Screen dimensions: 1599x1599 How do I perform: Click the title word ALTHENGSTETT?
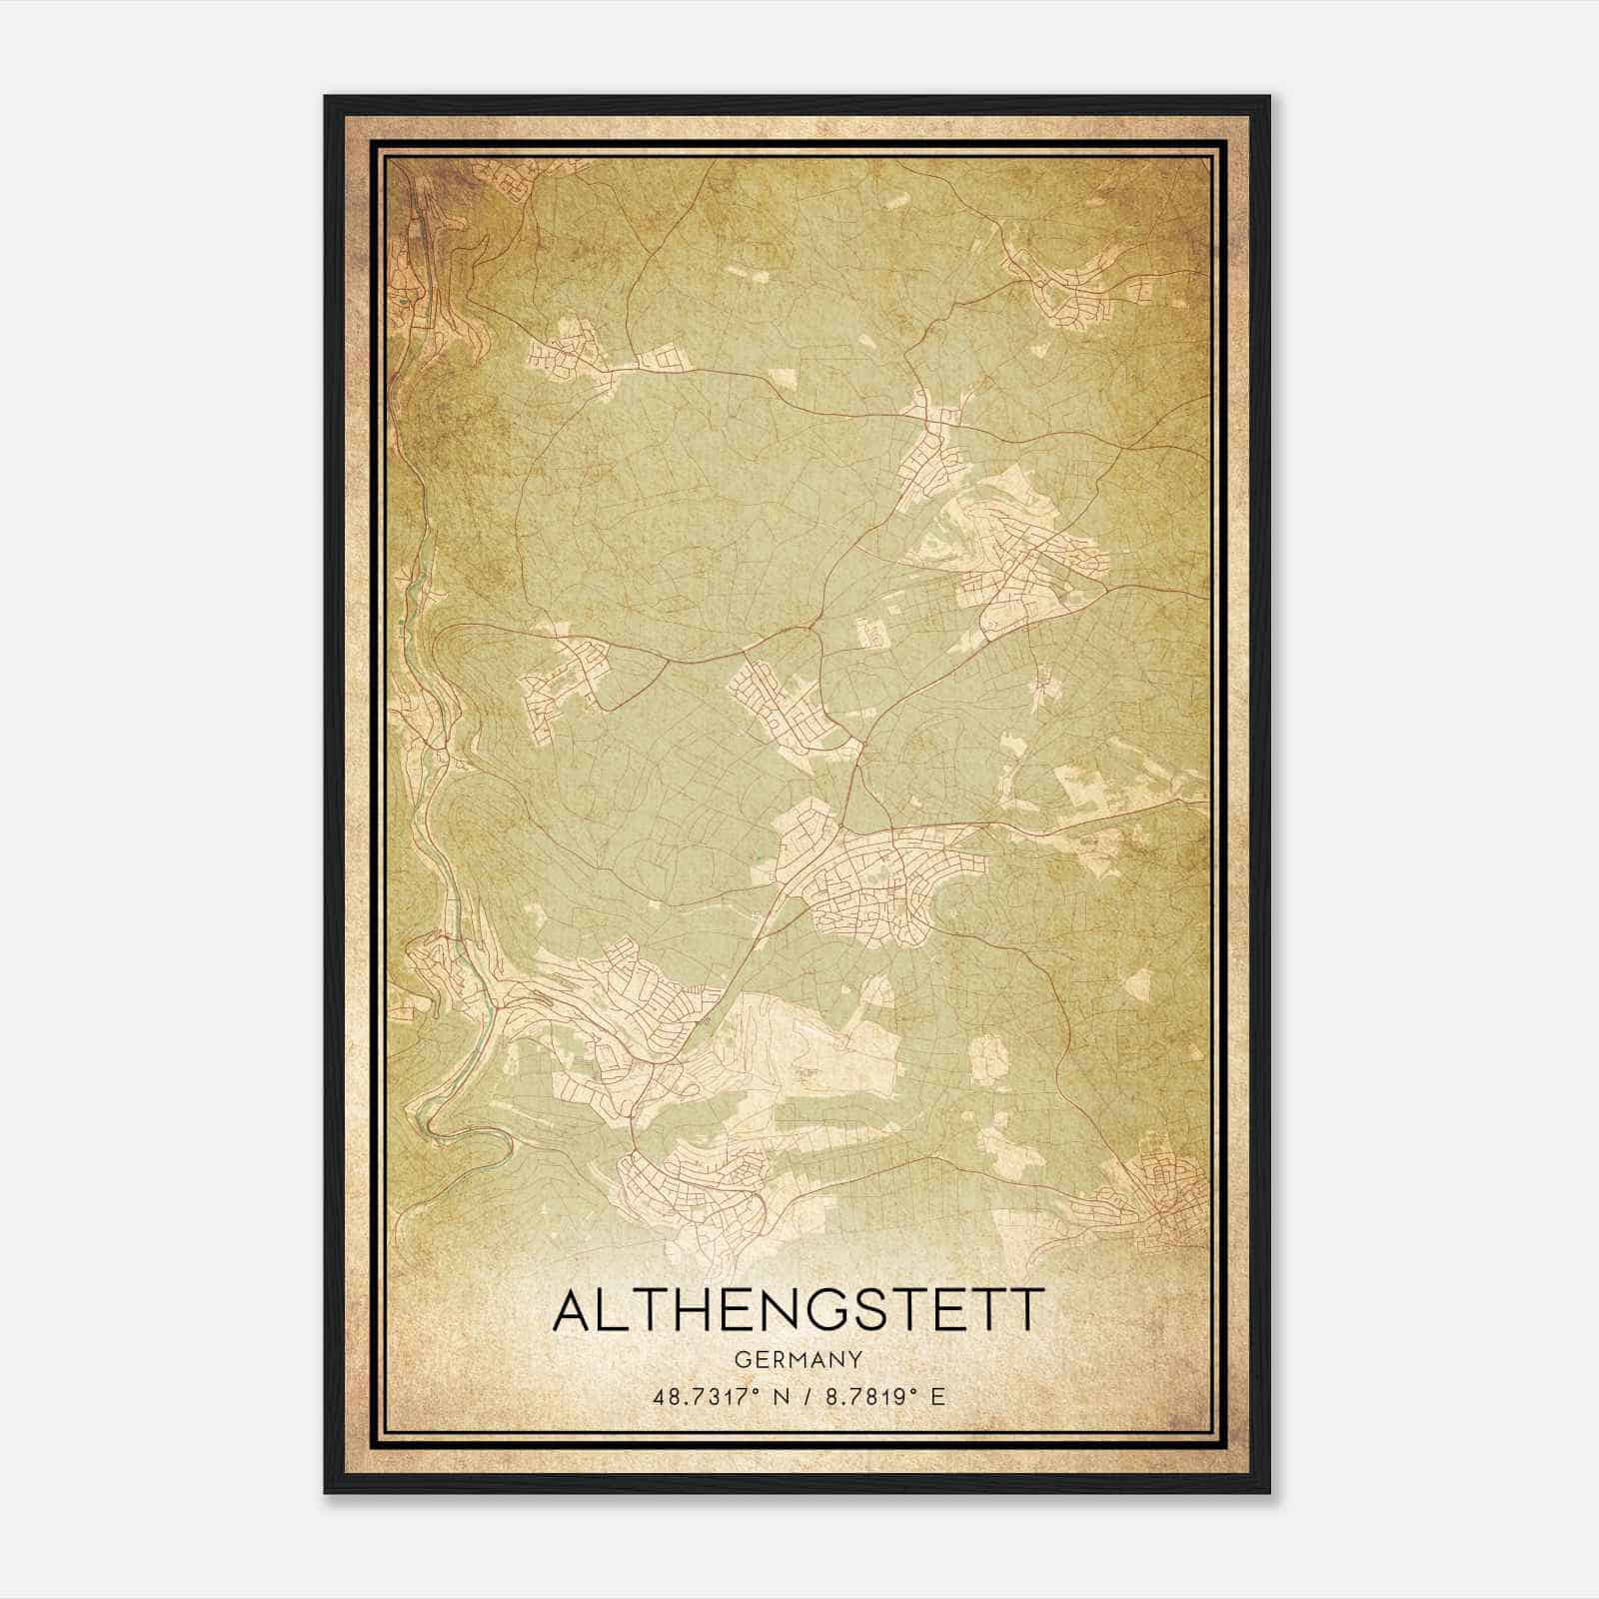click(x=799, y=1310)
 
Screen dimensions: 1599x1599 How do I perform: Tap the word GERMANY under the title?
click(x=799, y=1359)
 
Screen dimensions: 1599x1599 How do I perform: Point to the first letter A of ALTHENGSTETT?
click(x=573, y=1310)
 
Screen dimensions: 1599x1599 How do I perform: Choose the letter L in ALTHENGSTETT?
click(x=616, y=1310)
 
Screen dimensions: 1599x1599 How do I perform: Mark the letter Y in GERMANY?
click(x=855, y=1359)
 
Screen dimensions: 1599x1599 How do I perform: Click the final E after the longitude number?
click(x=937, y=1396)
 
